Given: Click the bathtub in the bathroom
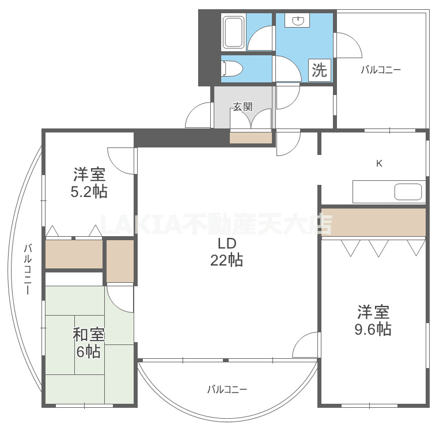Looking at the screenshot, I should (x=234, y=32).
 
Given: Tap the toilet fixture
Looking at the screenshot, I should (x=232, y=69).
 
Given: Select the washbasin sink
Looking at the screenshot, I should (x=298, y=22).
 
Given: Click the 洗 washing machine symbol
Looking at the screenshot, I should (x=319, y=70).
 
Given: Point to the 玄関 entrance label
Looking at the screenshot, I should (x=242, y=107).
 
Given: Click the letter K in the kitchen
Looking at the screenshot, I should (x=379, y=163).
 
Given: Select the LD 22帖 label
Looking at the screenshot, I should (x=226, y=252).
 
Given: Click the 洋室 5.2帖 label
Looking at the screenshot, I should (x=89, y=183).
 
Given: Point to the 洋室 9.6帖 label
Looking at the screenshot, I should (x=374, y=321).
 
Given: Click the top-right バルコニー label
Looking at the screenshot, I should (x=381, y=70).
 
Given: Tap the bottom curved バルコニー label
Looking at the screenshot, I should (x=227, y=389).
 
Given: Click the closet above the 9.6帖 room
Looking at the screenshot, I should (x=373, y=222).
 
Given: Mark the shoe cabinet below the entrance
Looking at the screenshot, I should (x=251, y=138).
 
